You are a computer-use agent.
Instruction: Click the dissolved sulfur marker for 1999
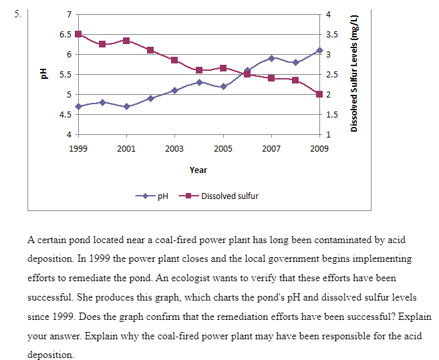78,34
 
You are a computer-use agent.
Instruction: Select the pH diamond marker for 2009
319,51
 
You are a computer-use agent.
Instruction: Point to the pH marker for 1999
78,106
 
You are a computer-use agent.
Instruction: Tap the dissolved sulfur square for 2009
319,94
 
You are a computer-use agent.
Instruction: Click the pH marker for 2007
271,58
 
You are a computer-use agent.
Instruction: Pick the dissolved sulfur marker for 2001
126,41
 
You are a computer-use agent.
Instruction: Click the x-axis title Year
198,170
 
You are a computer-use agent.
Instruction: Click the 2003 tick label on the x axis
174,148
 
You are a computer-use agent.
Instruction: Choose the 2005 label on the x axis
223,148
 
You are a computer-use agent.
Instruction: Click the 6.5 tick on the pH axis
65,34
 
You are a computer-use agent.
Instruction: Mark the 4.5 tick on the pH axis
65,114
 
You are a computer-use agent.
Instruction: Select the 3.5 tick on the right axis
330,34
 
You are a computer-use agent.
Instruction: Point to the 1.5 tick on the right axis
330,114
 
